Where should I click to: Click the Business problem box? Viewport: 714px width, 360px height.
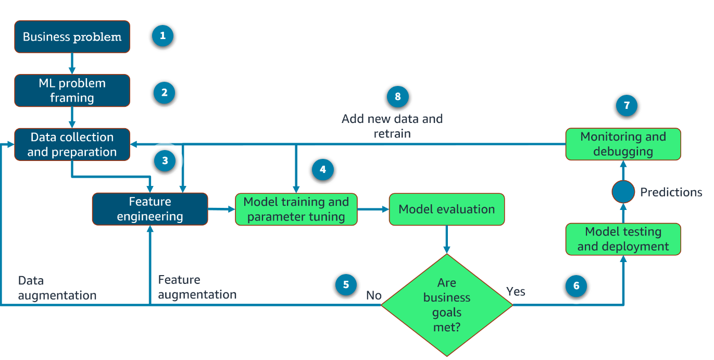click(x=72, y=37)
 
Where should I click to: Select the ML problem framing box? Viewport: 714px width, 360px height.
click(x=72, y=91)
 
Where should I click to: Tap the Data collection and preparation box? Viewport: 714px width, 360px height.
click(x=72, y=145)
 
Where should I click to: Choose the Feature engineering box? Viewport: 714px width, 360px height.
click(x=150, y=209)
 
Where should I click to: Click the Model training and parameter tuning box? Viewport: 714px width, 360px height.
click(x=296, y=209)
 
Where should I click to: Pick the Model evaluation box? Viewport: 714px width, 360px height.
click(x=447, y=209)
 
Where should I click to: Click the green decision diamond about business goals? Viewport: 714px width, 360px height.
click(x=447, y=305)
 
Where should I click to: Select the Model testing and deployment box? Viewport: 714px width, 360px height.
click(x=623, y=239)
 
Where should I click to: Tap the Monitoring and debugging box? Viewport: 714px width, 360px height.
click(x=623, y=144)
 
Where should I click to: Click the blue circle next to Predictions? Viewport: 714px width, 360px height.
click(x=623, y=192)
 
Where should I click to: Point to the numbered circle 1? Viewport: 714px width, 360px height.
click(x=162, y=36)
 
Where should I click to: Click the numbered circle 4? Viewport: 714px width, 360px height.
click(x=322, y=170)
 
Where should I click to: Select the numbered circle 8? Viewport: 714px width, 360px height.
click(x=398, y=97)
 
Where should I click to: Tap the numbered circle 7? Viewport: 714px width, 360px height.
click(x=627, y=106)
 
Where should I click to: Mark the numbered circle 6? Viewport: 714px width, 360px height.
click(x=576, y=286)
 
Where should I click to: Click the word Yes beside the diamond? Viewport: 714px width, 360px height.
click(x=516, y=292)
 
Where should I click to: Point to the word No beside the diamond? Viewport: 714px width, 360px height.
click(x=374, y=296)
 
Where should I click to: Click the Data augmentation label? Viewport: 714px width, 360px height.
click(x=57, y=288)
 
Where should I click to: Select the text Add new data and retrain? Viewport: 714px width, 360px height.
click(x=392, y=126)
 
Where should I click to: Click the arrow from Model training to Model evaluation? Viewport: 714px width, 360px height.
click(x=373, y=209)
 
